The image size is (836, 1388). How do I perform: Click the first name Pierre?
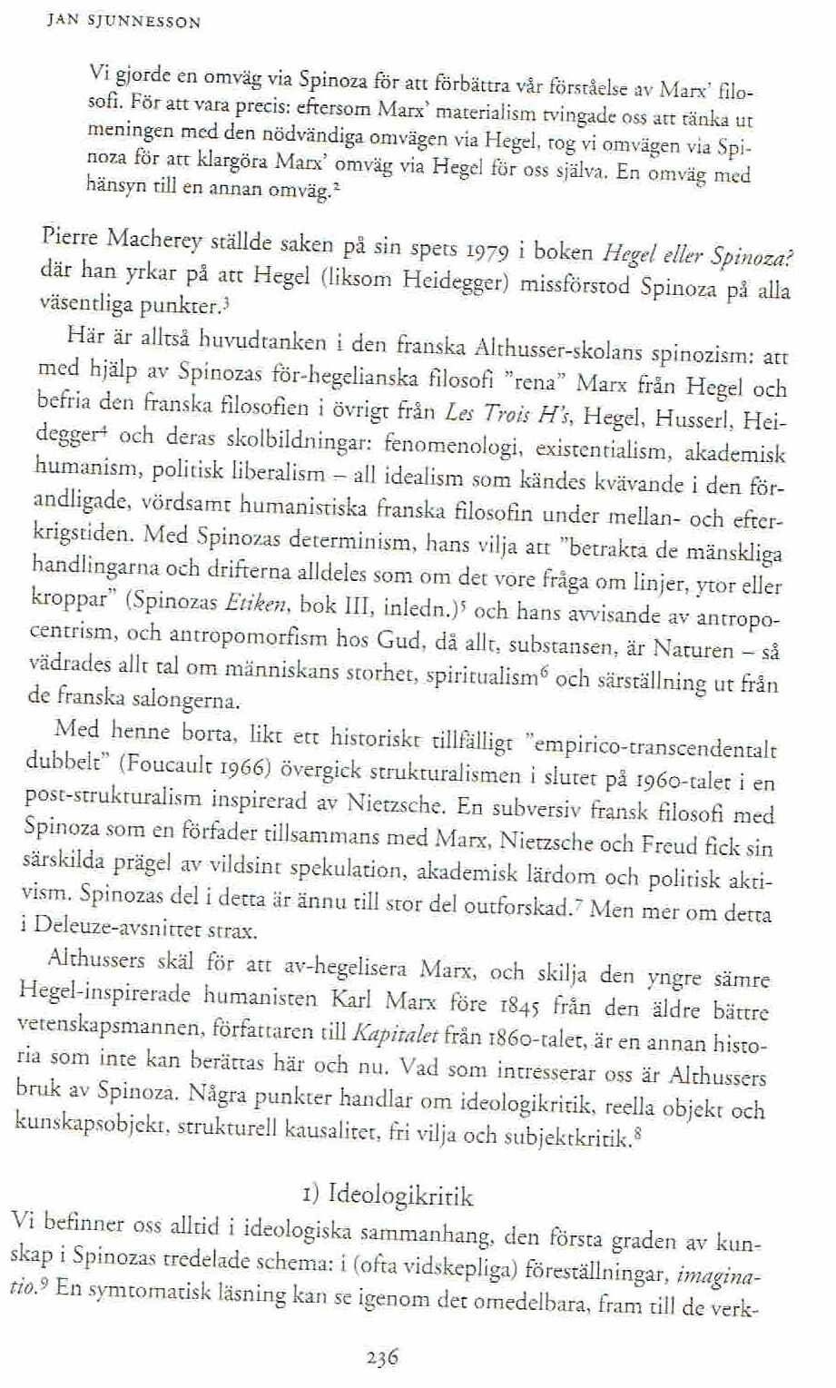point(72,240)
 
